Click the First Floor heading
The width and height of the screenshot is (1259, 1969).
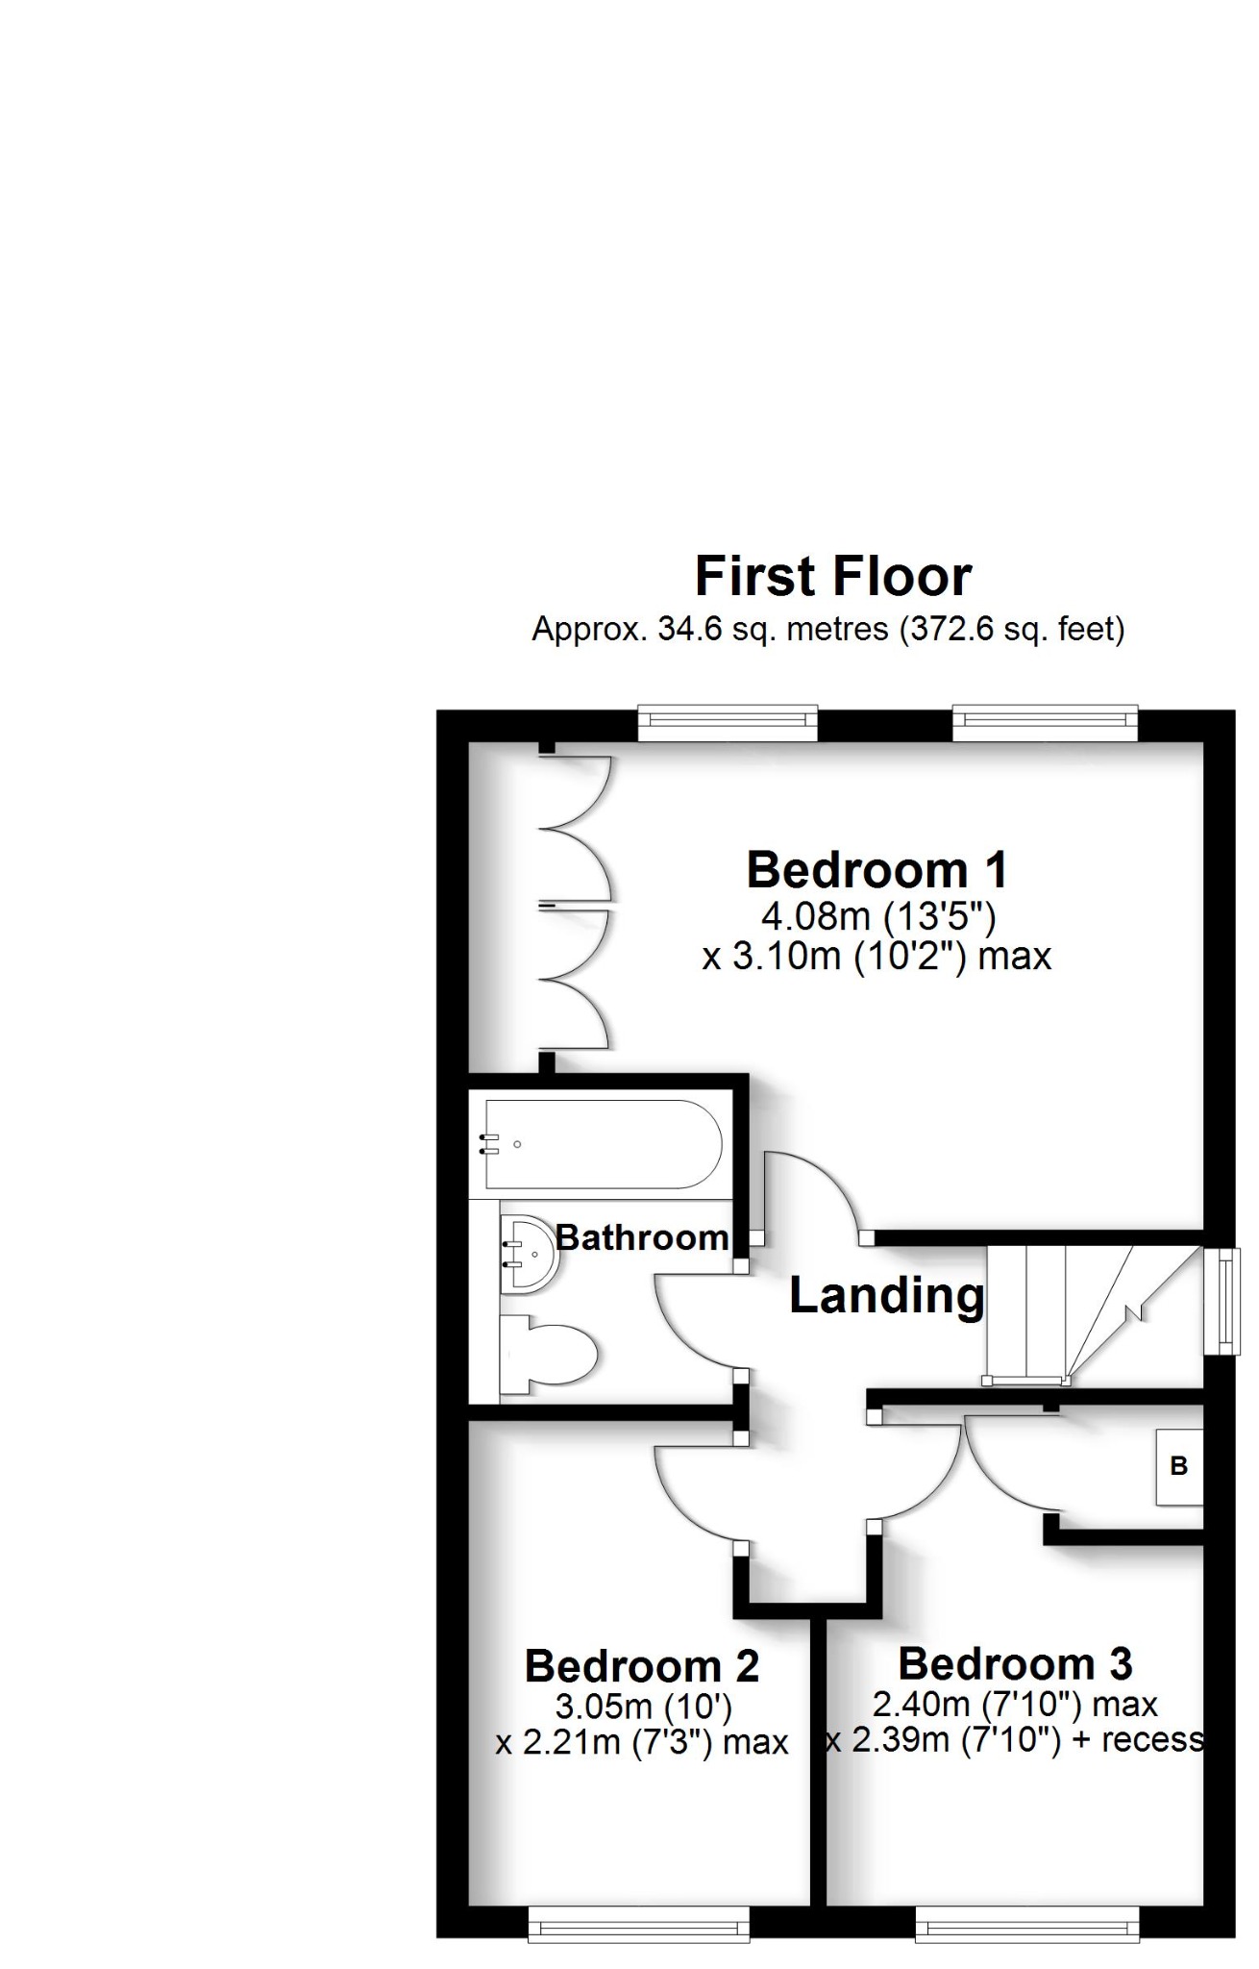point(832,577)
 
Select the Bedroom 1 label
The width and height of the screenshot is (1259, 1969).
point(876,870)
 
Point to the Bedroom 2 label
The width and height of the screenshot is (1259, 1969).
point(641,1666)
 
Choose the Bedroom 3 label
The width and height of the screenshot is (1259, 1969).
point(1015,1663)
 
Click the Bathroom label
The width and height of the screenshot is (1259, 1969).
point(641,1237)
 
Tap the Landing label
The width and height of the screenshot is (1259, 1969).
point(886,1295)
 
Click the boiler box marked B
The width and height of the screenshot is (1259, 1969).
point(1179,1466)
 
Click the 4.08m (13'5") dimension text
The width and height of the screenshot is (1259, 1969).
point(878,916)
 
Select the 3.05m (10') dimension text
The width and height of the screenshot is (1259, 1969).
point(643,1707)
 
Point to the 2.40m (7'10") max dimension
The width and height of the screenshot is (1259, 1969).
point(1015,1705)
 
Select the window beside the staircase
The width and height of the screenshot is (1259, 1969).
point(1222,1301)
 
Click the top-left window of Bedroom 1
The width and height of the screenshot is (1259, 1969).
point(728,723)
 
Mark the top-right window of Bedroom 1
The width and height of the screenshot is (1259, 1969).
point(1045,723)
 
